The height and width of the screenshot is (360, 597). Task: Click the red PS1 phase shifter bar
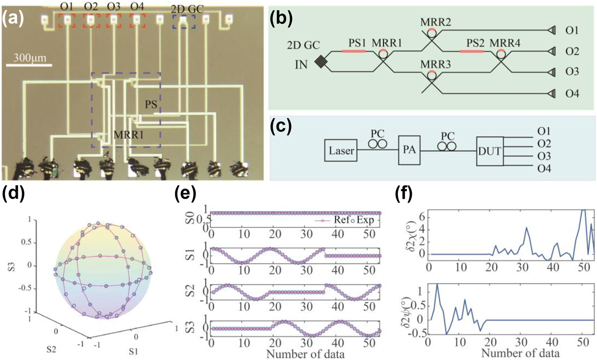[354, 51]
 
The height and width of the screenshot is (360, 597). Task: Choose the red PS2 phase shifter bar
[472, 51]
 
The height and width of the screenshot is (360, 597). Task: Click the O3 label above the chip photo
[114, 7]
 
